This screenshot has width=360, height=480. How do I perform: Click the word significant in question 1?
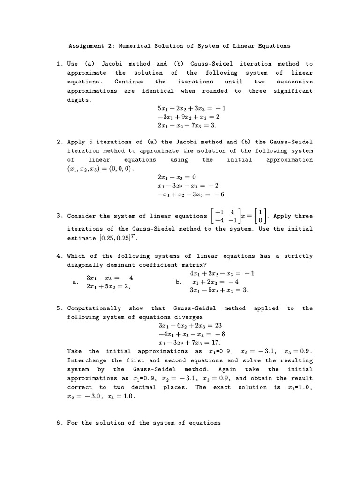293,91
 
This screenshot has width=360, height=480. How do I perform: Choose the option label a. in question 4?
75,282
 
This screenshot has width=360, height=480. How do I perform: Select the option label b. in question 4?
178,282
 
